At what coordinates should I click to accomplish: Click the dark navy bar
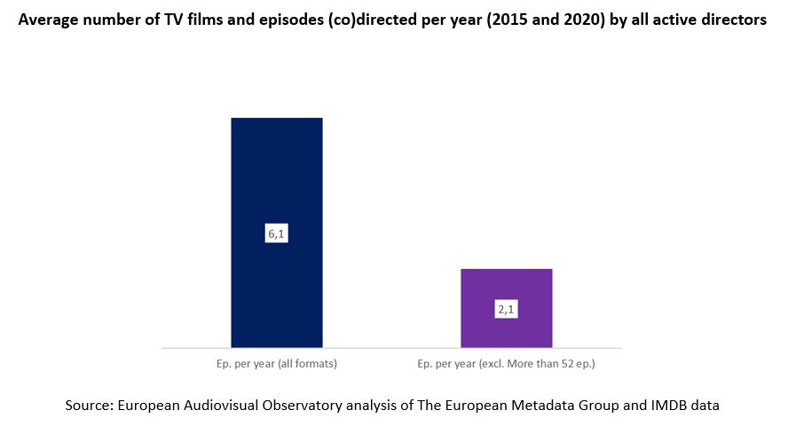point(276,177)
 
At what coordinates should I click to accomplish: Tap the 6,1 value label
point(276,234)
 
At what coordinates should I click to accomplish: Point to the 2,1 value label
point(507,310)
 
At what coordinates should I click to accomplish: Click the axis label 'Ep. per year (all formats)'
point(276,364)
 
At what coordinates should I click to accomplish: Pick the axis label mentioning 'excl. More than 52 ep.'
point(507,364)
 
